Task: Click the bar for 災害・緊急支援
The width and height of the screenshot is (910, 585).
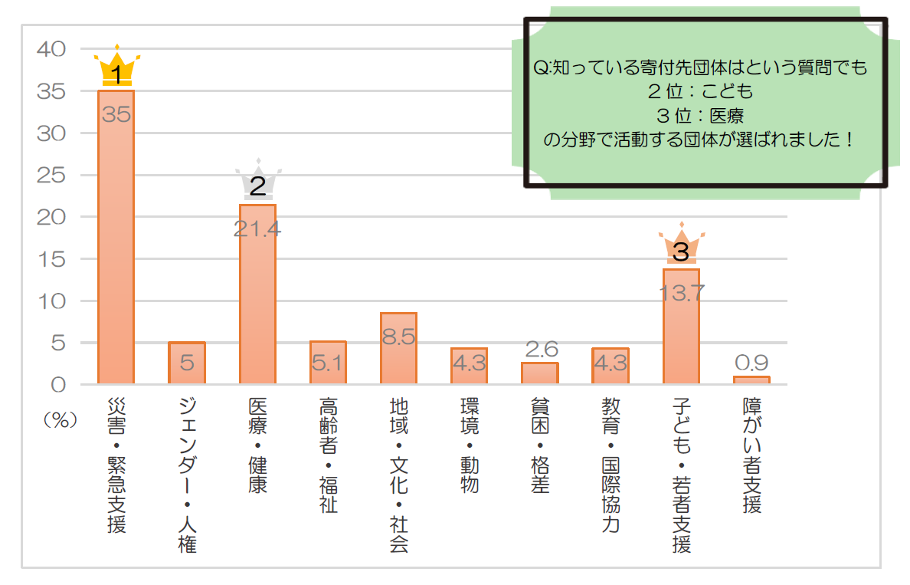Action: tap(116, 238)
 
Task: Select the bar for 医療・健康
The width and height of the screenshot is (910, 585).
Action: tap(257, 295)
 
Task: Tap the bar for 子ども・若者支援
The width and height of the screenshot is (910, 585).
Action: tap(681, 327)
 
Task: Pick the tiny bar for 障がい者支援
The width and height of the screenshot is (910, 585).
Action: tap(751, 380)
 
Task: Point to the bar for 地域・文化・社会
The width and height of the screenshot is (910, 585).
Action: tap(398, 348)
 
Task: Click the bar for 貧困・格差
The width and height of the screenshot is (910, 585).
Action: tap(539, 373)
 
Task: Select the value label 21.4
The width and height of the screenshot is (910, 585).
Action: tap(257, 228)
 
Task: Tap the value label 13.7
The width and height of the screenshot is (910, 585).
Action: tap(681, 293)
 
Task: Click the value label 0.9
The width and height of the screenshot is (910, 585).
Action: tap(751, 363)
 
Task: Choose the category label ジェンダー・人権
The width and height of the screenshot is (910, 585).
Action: tap(187, 475)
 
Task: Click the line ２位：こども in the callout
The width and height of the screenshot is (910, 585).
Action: tap(700, 92)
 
